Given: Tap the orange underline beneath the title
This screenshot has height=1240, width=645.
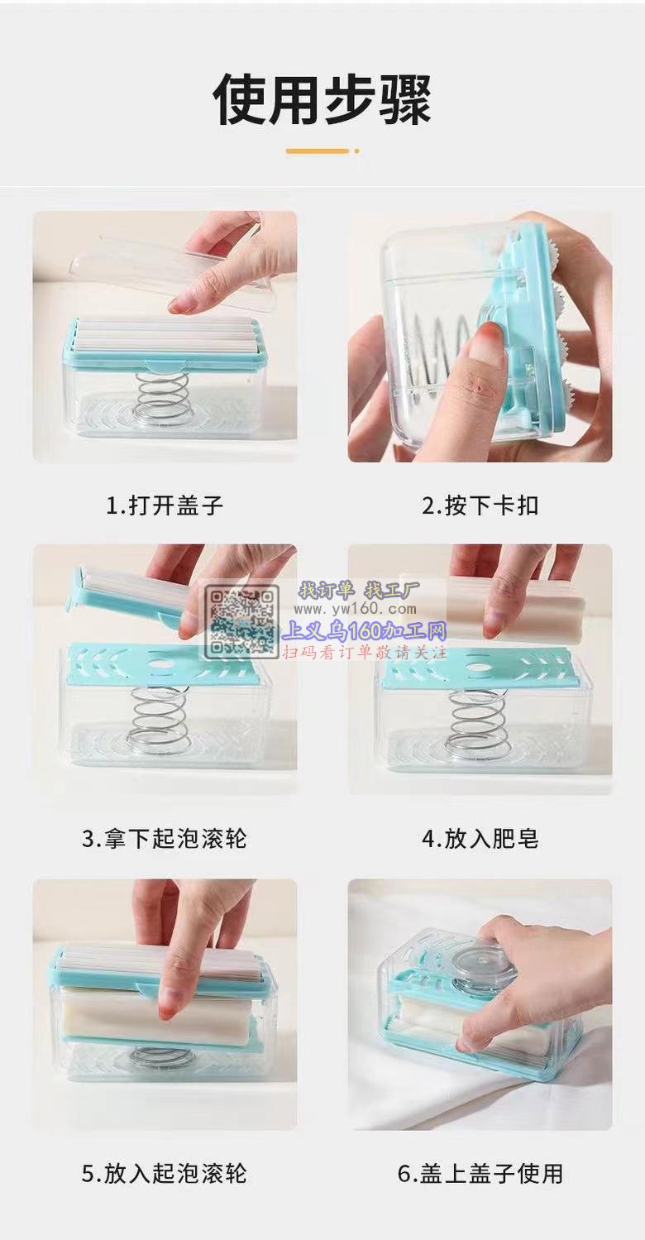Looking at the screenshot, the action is [322, 151].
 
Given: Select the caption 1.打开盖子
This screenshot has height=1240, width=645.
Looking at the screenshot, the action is [165, 505].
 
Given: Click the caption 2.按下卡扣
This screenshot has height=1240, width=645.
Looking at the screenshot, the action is [480, 505].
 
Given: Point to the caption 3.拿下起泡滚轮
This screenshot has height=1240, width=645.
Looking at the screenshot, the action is [165, 839].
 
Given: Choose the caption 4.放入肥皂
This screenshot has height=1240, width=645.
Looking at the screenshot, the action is [480, 839].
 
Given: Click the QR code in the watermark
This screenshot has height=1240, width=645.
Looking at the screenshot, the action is [242, 622].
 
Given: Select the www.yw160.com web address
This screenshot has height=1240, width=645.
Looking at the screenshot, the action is [355, 610].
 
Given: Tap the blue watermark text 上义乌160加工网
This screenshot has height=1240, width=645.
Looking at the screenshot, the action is [365, 630].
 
